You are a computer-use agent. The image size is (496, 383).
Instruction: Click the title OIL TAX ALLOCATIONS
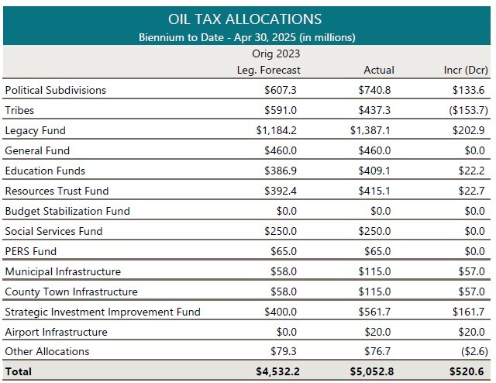click(x=246, y=19)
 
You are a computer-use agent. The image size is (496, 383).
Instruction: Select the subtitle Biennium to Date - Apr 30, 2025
click(x=246, y=37)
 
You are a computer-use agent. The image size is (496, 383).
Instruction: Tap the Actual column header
click(x=378, y=70)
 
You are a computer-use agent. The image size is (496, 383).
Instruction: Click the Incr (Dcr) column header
click(x=463, y=70)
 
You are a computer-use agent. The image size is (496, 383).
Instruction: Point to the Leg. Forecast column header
click(x=268, y=70)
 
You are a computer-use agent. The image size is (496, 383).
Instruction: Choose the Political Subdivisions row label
click(x=56, y=90)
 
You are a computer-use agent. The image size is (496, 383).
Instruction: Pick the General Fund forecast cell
click(x=281, y=150)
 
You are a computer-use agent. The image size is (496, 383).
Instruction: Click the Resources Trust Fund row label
click(x=57, y=191)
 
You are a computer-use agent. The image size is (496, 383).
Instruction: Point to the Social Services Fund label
click(x=53, y=231)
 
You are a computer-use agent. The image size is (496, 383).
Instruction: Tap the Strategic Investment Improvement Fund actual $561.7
click(x=377, y=312)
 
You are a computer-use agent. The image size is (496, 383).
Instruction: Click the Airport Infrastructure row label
click(x=56, y=332)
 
